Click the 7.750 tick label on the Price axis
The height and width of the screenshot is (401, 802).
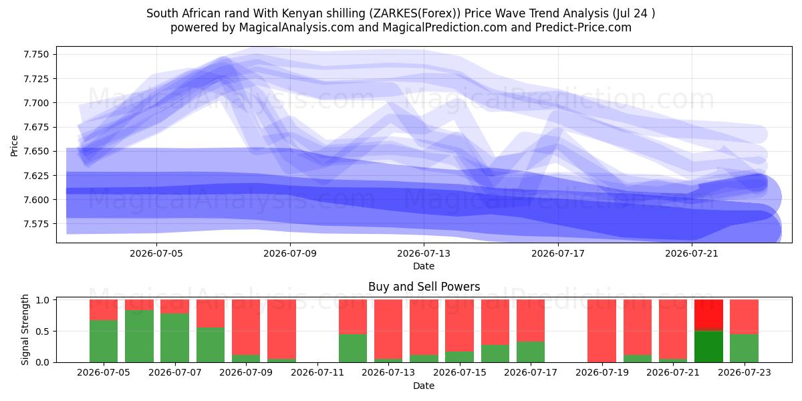pos(36,54)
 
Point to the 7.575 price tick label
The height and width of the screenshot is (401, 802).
pos(36,224)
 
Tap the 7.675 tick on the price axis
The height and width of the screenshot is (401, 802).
pos(36,127)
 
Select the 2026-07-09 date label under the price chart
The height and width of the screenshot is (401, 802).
pos(290,253)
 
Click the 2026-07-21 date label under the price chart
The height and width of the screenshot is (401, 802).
pos(692,253)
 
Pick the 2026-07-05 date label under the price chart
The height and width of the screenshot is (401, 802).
pos(156,253)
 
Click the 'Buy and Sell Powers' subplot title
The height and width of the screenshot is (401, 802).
pos(424,287)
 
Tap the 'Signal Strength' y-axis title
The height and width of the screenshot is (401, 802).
pos(25,329)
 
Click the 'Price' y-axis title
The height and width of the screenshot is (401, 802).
pos(14,146)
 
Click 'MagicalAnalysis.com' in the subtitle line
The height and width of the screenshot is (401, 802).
pos(297,27)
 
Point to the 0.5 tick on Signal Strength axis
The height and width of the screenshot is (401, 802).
pos(43,331)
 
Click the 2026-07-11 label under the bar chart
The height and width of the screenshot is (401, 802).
pos(317,373)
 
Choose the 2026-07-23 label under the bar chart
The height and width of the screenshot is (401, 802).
pos(745,373)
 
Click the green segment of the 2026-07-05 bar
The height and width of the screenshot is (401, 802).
pos(104,342)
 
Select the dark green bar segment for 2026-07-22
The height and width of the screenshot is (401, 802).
pos(708,347)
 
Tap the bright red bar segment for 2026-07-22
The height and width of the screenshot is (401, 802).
pos(708,313)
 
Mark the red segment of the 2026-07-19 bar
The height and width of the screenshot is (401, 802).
pos(602,331)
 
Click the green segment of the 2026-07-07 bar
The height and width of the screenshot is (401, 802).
pos(174,338)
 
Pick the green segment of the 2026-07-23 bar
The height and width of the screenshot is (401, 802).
pos(745,348)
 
